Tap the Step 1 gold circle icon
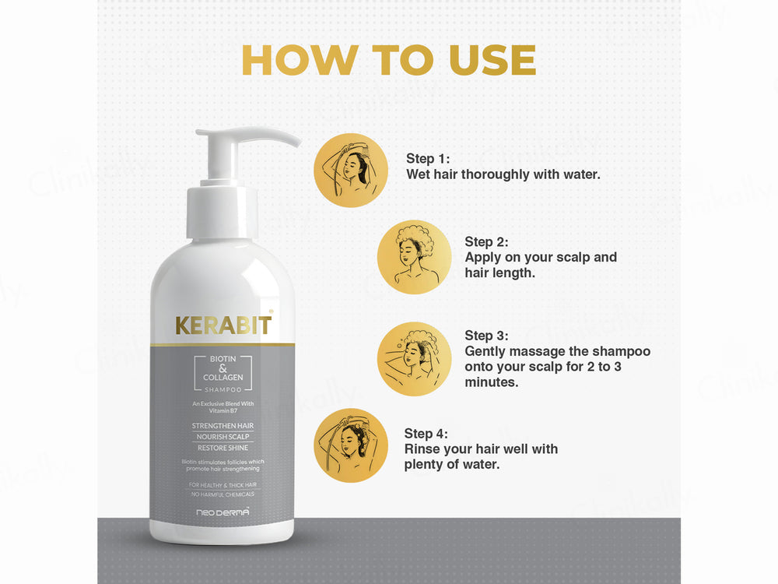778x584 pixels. (350, 170)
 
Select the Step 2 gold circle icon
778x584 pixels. (414, 257)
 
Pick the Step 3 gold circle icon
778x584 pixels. (414, 359)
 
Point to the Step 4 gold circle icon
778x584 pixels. (350, 445)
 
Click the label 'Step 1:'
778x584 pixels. (428, 159)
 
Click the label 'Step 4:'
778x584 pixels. (426, 434)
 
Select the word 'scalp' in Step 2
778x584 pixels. (575, 257)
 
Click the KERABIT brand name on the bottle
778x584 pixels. (223, 325)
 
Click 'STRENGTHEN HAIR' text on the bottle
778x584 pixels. (223, 426)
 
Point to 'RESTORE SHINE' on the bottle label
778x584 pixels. (223, 448)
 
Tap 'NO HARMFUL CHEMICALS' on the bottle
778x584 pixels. (223, 494)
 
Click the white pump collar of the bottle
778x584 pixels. (222, 211)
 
